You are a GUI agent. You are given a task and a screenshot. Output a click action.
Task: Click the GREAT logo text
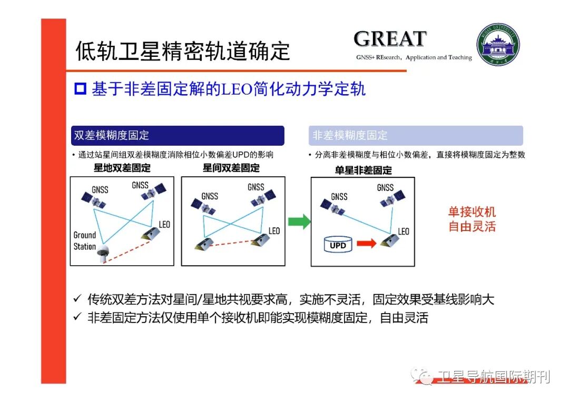(390, 39)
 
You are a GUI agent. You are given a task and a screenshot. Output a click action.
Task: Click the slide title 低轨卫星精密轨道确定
(183, 52)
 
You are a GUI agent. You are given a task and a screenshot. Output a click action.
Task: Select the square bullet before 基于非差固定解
(80, 88)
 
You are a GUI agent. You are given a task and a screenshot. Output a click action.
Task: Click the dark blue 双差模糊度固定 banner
(178, 135)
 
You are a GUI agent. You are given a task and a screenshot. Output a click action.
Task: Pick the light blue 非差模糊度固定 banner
(415, 135)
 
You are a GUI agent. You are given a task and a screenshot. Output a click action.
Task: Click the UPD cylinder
(338, 245)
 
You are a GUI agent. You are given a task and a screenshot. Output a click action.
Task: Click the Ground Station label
(84, 240)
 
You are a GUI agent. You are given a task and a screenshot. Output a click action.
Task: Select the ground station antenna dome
(104, 250)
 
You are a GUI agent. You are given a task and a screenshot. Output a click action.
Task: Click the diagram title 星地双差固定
(122, 168)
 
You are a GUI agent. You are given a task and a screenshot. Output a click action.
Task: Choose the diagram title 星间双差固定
(231, 168)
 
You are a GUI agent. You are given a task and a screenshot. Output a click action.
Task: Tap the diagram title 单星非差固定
(363, 170)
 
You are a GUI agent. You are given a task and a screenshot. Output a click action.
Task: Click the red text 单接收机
(472, 212)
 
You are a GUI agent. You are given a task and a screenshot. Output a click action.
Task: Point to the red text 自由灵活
(472, 227)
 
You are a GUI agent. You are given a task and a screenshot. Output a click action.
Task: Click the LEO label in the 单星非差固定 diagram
(404, 232)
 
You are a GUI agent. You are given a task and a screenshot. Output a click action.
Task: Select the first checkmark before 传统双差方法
(77, 299)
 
